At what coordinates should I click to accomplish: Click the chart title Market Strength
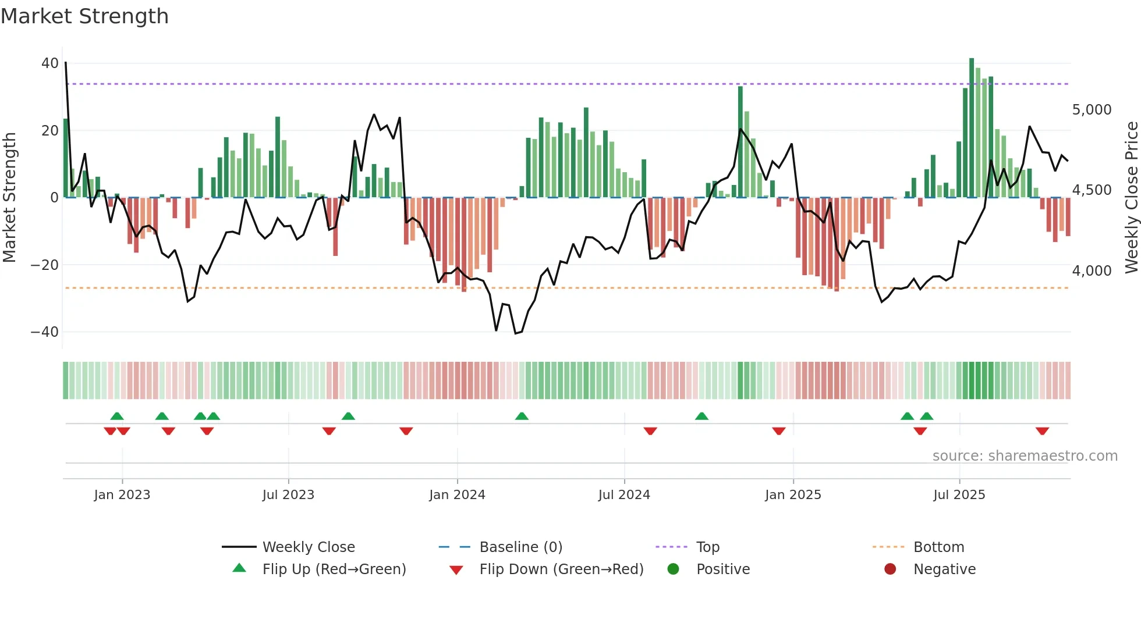pyautogui.click(x=84, y=16)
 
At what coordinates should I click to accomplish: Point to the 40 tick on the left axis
pyautogui.click(x=50, y=63)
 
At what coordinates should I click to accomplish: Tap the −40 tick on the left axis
pyautogui.click(x=45, y=332)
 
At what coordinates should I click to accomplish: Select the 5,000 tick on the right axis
pyautogui.click(x=1092, y=110)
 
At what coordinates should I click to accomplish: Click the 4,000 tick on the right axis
pyautogui.click(x=1092, y=271)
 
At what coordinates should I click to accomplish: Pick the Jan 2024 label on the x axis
pyautogui.click(x=457, y=495)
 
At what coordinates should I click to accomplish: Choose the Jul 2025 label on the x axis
pyautogui.click(x=959, y=495)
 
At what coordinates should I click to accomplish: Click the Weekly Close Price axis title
pyautogui.click(x=1131, y=198)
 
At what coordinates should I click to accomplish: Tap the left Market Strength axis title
pyautogui.click(x=9, y=198)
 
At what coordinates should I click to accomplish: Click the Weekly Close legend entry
pyautogui.click(x=309, y=547)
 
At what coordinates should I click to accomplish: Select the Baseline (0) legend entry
pyautogui.click(x=520, y=547)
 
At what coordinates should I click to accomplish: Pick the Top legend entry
pyautogui.click(x=708, y=547)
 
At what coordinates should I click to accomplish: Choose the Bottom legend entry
pyautogui.click(x=938, y=547)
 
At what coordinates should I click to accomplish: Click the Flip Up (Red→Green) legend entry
pyautogui.click(x=334, y=569)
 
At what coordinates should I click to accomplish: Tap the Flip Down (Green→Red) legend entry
pyautogui.click(x=561, y=569)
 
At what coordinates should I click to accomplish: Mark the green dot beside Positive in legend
pyautogui.click(x=673, y=569)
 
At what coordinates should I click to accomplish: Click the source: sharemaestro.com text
pyautogui.click(x=1025, y=456)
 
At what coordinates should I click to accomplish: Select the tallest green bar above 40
pyautogui.click(x=972, y=128)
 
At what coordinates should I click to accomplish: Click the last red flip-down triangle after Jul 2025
pyautogui.click(x=1042, y=431)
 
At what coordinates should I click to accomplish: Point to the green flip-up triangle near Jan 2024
pyautogui.click(x=522, y=416)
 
